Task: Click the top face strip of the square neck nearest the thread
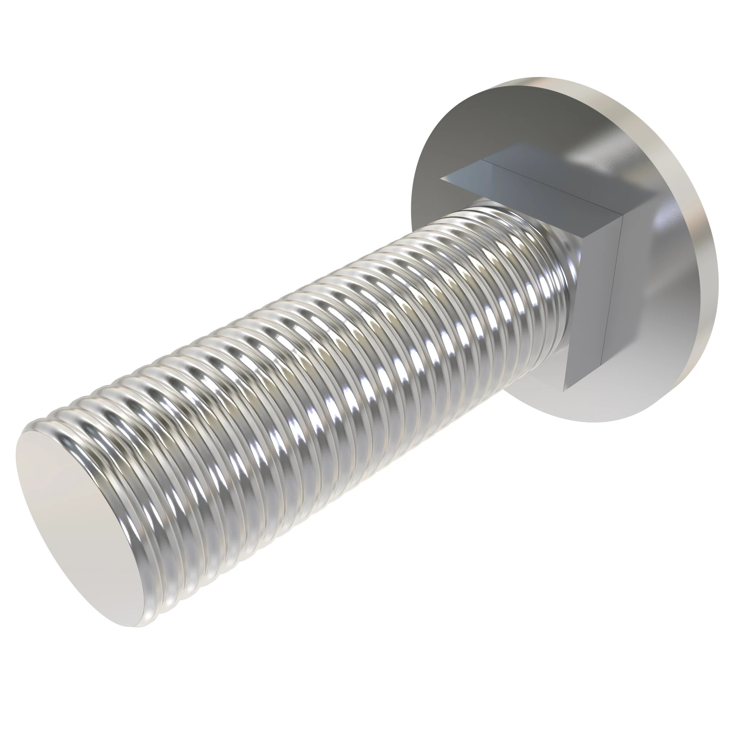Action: [x=528, y=200]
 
